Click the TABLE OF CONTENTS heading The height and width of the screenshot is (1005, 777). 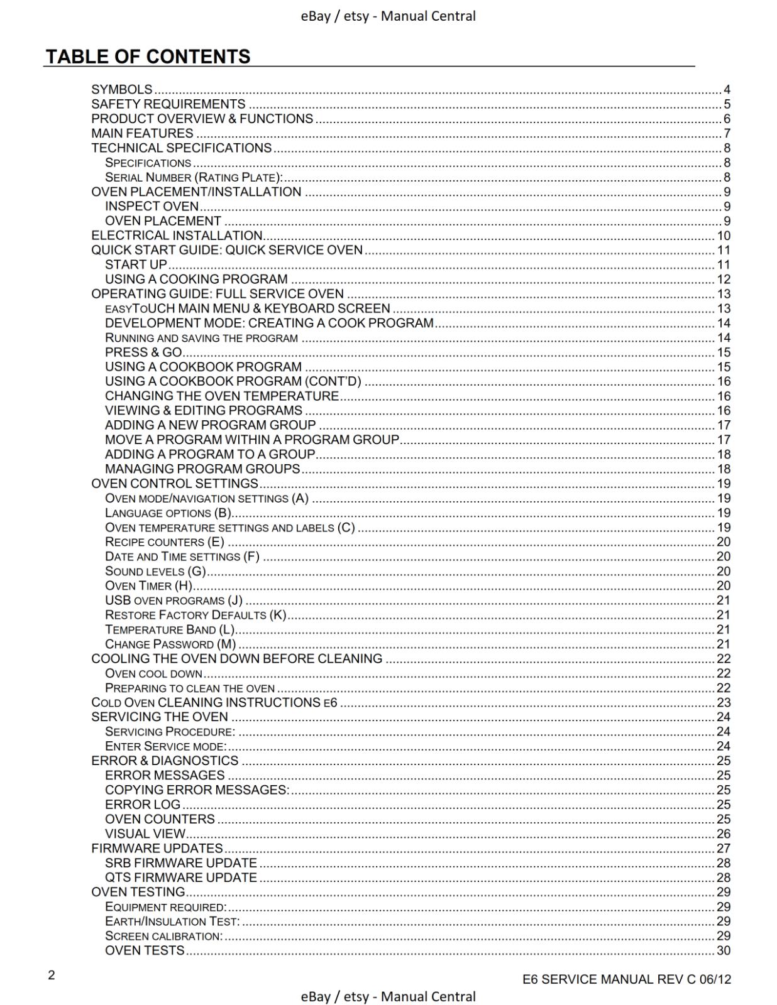148,57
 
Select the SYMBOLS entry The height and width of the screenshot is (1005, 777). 122,89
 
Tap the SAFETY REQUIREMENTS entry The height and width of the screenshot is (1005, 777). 168,104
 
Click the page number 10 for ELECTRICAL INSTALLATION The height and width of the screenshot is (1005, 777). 724,236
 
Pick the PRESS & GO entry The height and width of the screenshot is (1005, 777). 143,352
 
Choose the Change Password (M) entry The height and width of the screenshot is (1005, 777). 170,644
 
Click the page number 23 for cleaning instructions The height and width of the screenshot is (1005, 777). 724,702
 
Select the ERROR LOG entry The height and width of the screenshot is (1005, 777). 143,805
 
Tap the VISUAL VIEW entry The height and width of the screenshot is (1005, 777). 145,834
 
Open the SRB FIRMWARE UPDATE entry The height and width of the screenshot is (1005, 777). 181,863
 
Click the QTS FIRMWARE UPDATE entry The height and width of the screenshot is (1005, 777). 181,877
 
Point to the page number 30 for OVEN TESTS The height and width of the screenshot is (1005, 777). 724,950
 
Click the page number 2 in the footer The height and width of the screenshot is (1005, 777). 52,975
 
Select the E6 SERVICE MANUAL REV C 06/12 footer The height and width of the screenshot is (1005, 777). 627,979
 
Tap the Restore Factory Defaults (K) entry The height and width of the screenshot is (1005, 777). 196,615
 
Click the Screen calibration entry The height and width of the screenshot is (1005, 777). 163,936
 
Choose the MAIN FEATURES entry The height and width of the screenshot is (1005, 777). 142,133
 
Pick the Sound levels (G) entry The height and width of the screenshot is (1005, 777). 155,571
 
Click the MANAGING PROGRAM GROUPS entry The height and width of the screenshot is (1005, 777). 202,469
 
